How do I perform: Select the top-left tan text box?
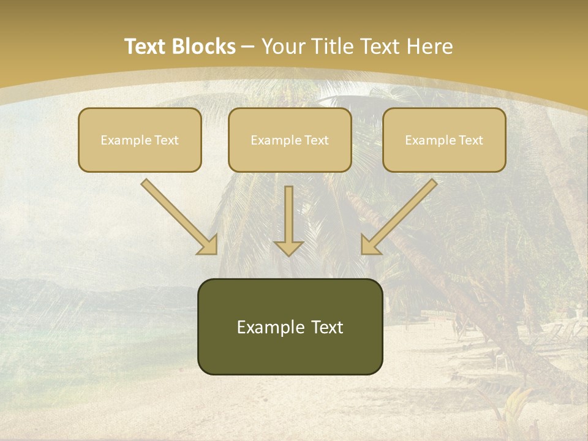(x=140, y=140)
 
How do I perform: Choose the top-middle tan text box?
(x=290, y=140)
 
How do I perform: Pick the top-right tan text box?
(x=444, y=140)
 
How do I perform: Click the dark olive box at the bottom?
(x=290, y=326)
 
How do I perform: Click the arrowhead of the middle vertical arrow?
(x=288, y=247)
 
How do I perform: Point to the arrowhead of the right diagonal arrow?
(x=370, y=244)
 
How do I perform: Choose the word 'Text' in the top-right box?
(x=470, y=140)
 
